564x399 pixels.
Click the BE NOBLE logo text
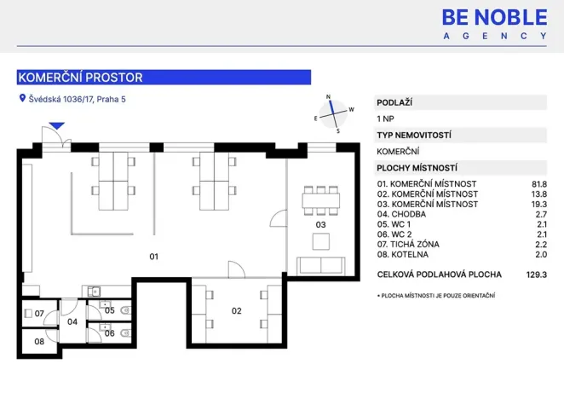[x=495, y=18]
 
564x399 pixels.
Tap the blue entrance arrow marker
[x=57, y=125]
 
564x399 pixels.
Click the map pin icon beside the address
[x=22, y=98]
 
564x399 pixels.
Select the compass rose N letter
[x=328, y=96]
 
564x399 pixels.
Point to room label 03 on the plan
[x=320, y=225]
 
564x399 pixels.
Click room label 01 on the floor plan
[x=153, y=257]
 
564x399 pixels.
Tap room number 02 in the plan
[x=236, y=311]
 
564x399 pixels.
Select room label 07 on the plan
[x=39, y=314]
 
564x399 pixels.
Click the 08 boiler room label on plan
[x=39, y=341]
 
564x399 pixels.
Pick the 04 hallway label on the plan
[x=72, y=321]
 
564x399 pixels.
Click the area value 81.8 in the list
[x=539, y=184]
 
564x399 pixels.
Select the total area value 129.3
[x=536, y=275]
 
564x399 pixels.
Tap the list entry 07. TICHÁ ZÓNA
[x=408, y=245]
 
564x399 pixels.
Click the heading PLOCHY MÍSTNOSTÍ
[x=417, y=168]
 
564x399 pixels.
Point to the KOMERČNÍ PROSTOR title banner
[x=164, y=78]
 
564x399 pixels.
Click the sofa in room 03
[x=321, y=266]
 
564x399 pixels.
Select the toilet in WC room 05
[x=126, y=310]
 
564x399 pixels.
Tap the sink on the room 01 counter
[x=95, y=292]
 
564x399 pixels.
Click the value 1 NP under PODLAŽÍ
[x=385, y=119]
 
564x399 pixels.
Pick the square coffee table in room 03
[x=321, y=241]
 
